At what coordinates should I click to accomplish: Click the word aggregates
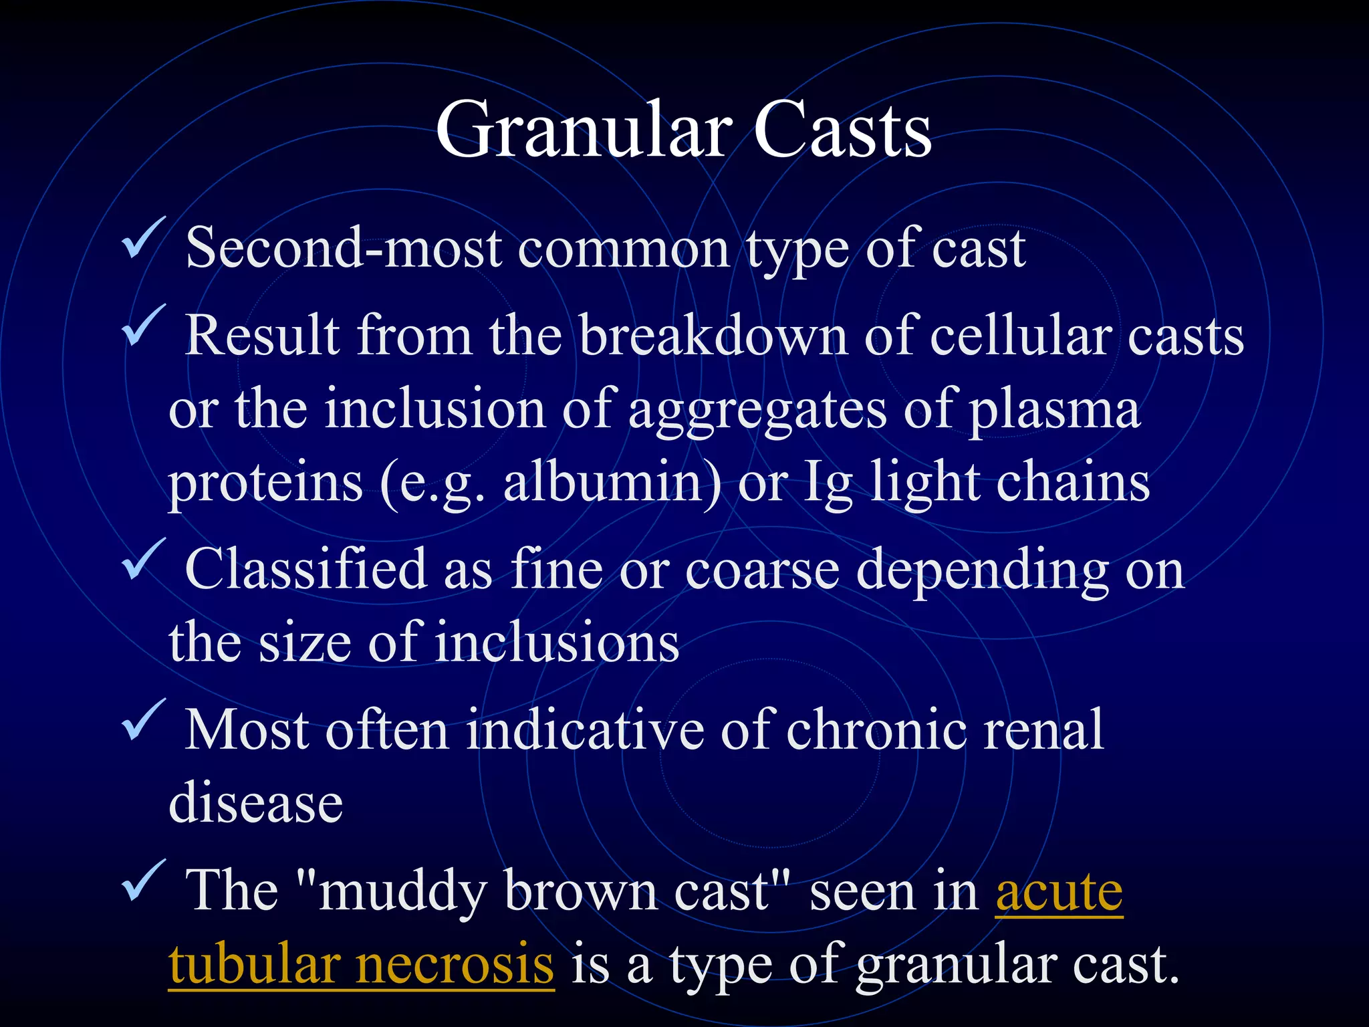tap(757, 410)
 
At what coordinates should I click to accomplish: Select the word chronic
tap(876, 730)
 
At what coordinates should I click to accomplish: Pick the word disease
tap(256, 803)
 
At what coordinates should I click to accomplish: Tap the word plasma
tap(1054, 410)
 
